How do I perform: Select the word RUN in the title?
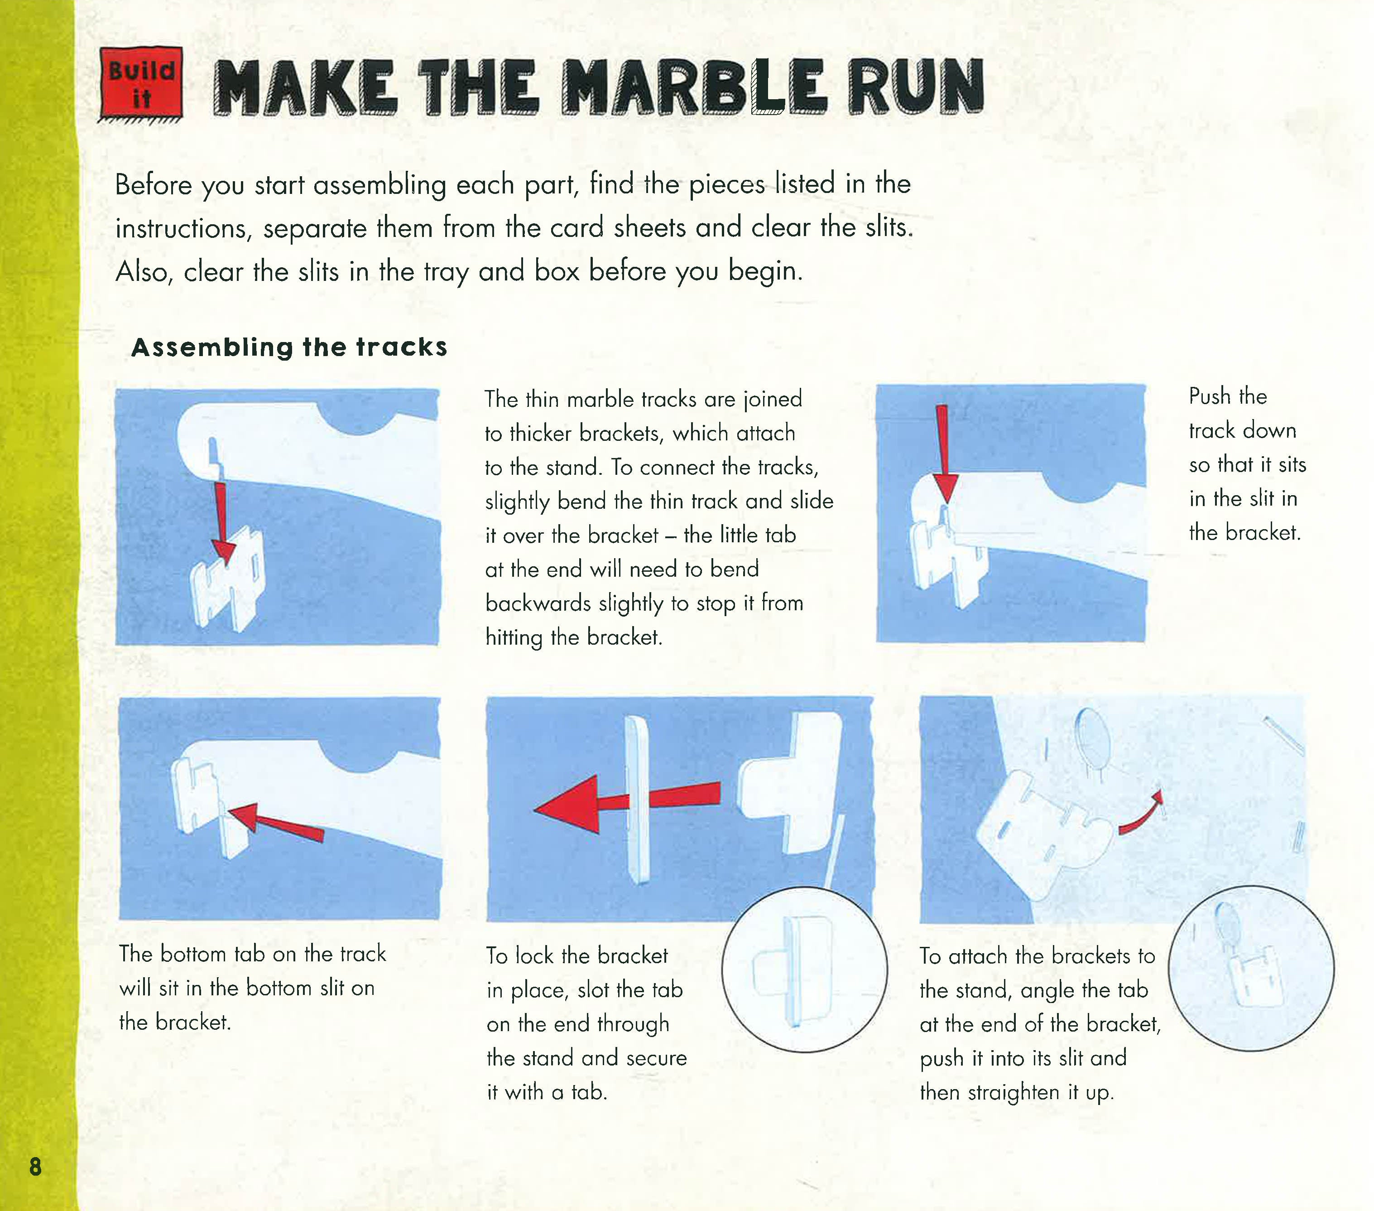[x=916, y=87]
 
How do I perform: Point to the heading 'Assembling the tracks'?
[x=289, y=347]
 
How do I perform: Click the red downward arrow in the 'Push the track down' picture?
[x=945, y=454]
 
